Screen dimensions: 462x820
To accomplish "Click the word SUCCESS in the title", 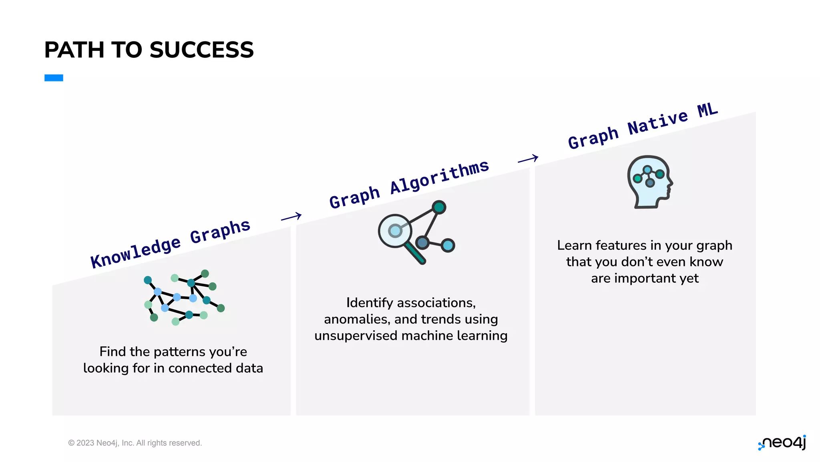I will (201, 50).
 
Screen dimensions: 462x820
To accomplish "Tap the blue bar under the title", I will (54, 78).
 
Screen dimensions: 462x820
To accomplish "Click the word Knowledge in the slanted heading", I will (135, 253).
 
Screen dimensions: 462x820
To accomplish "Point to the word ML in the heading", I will (707, 110).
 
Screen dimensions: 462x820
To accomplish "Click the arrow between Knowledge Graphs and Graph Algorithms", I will (291, 217).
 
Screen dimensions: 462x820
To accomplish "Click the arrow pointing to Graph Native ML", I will (528, 159).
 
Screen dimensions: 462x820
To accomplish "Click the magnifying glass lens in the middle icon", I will (395, 231).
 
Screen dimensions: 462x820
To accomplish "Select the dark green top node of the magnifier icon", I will (439, 207).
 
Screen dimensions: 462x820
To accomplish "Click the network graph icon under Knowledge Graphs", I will (184, 297).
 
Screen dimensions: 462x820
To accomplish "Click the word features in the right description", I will (621, 245).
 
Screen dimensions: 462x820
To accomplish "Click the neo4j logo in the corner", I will (782, 443).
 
